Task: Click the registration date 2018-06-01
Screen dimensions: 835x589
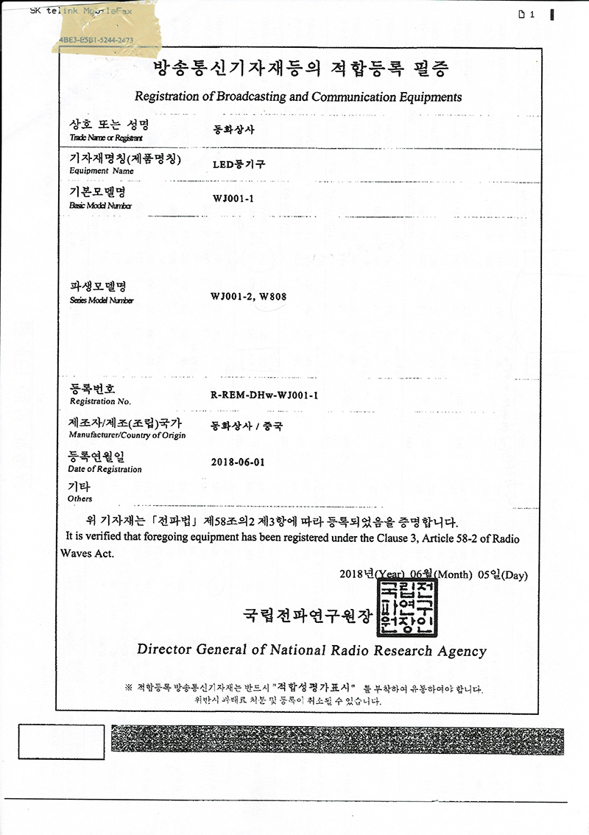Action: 237,462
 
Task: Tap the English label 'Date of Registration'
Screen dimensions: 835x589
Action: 105,469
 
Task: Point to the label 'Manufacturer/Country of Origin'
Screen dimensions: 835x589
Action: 127,435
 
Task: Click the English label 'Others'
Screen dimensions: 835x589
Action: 80,498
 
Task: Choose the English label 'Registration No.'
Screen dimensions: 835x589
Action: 100,401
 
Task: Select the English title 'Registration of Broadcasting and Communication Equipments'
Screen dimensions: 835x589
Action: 298,96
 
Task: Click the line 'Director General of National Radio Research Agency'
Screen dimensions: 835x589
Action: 311,650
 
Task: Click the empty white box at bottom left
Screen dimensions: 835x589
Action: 51,741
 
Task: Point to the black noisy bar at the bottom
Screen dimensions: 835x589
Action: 338,741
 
